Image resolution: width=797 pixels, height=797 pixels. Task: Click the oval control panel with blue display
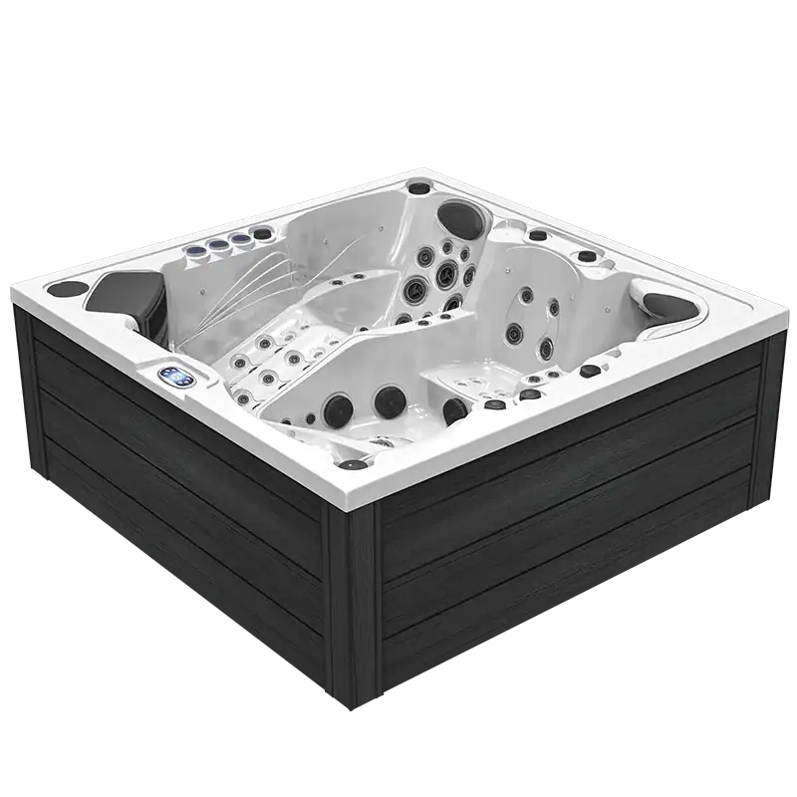[x=177, y=376]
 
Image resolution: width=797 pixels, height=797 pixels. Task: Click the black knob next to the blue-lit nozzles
[x=262, y=234]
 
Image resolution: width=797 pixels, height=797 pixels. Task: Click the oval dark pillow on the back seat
[x=458, y=215]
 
